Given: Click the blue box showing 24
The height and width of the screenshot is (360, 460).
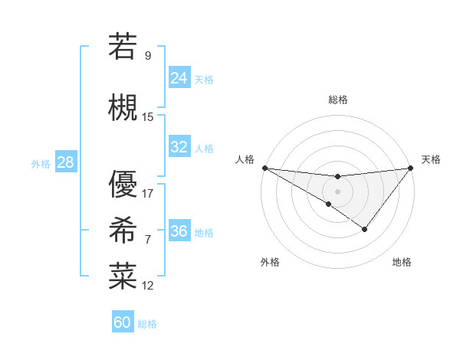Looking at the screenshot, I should pyautogui.click(x=179, y=78).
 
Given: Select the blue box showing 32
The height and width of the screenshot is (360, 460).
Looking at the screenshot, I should pyautogui.click(x=179, y=147).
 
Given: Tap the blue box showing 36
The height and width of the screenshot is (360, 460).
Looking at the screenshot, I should pyautogui.click(x=179, y=231).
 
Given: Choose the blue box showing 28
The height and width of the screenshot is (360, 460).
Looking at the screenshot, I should pyautogui.click(x=65, y=162).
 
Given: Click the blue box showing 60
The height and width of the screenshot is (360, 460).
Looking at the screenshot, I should pyautogui.click(x=123, y=322).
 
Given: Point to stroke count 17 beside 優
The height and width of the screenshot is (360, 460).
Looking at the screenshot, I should pyautogui.click(x=148, y=193).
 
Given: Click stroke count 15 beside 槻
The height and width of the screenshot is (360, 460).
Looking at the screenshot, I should pyautogui.click(x=148, y=116).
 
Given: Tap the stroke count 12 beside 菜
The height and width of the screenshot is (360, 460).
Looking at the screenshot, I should pyautogui.click(x=148, y=285).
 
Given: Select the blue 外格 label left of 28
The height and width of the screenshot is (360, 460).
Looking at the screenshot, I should pyautogui.click(x=41, y=163).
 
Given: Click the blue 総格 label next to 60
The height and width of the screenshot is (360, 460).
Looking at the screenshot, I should pyautogui.click(x=147, y=324).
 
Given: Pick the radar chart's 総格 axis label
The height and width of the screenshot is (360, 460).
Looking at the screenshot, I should pyautogui.click(x=337, y=100).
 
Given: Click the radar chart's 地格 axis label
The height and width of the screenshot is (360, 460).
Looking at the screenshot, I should pyautogui.click(x=402, y=262).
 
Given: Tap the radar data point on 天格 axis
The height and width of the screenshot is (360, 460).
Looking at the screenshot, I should pyautogui.click(x=411, y=168).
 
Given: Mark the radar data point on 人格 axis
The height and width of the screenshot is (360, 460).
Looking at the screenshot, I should pyautogui.click(x=264, y=168).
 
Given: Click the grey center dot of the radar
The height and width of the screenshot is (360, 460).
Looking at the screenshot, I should pyautogui.click(x=337, y=190).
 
